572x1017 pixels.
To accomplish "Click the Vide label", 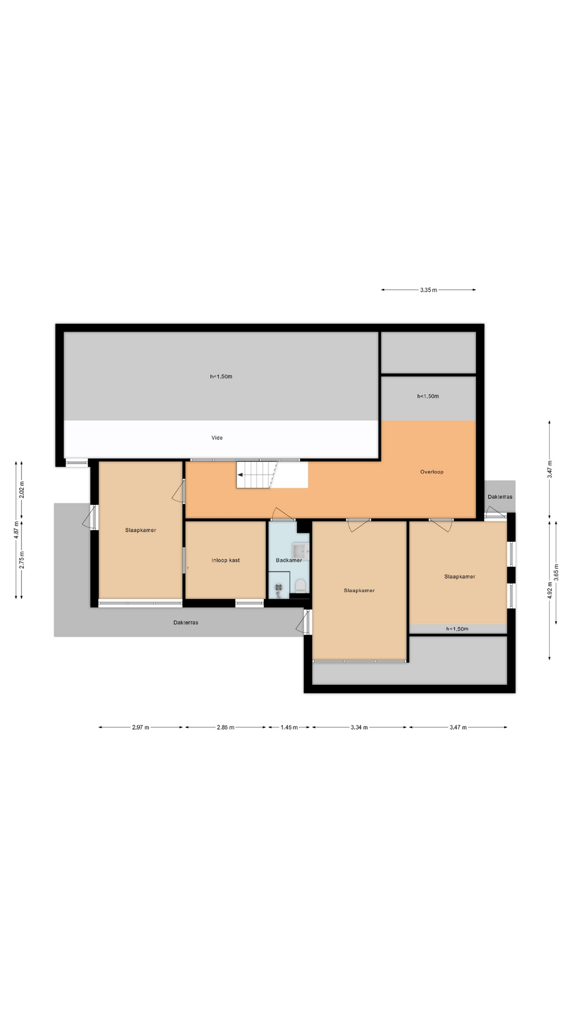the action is (x=217, y=438).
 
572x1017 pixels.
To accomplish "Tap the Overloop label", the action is (x=432, y=472).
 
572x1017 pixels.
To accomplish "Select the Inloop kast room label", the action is (x=226, y=560).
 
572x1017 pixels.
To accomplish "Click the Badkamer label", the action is (x=289, y=560).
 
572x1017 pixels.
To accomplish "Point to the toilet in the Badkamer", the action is (x=300, y=585).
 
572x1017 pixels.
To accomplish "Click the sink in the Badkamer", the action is (x=301, y=551).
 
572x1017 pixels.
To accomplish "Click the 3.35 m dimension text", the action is (x=428, y=290).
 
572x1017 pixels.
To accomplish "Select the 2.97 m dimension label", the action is (x=141, y=727).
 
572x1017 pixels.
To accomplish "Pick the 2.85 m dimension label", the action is (x=226, y=727).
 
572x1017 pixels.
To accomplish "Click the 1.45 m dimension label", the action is (x=289, y=727).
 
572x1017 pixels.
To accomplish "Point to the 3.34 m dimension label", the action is (x=359, y=727).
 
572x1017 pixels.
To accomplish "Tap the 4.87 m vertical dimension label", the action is (x=16, y=530).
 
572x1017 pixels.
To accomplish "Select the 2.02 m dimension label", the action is (x=22, y=489).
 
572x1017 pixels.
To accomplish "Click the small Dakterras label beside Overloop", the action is (x=500, y=497).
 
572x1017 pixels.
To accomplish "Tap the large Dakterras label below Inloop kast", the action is (x=186, y=622).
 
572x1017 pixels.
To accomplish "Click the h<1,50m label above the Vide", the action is (x=221, y=377).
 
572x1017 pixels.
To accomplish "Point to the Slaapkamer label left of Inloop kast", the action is (x=141, y=530).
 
